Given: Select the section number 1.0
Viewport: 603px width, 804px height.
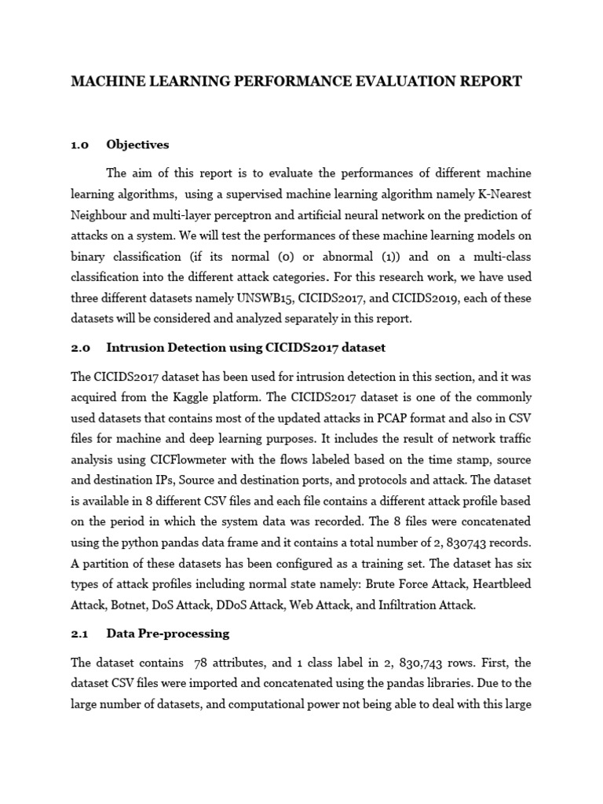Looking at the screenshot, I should click(x=81, y=144).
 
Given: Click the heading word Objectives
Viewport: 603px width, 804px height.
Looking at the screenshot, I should click(x=137, y=144).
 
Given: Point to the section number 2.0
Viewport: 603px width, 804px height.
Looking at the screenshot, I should click(x=81, y=347).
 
